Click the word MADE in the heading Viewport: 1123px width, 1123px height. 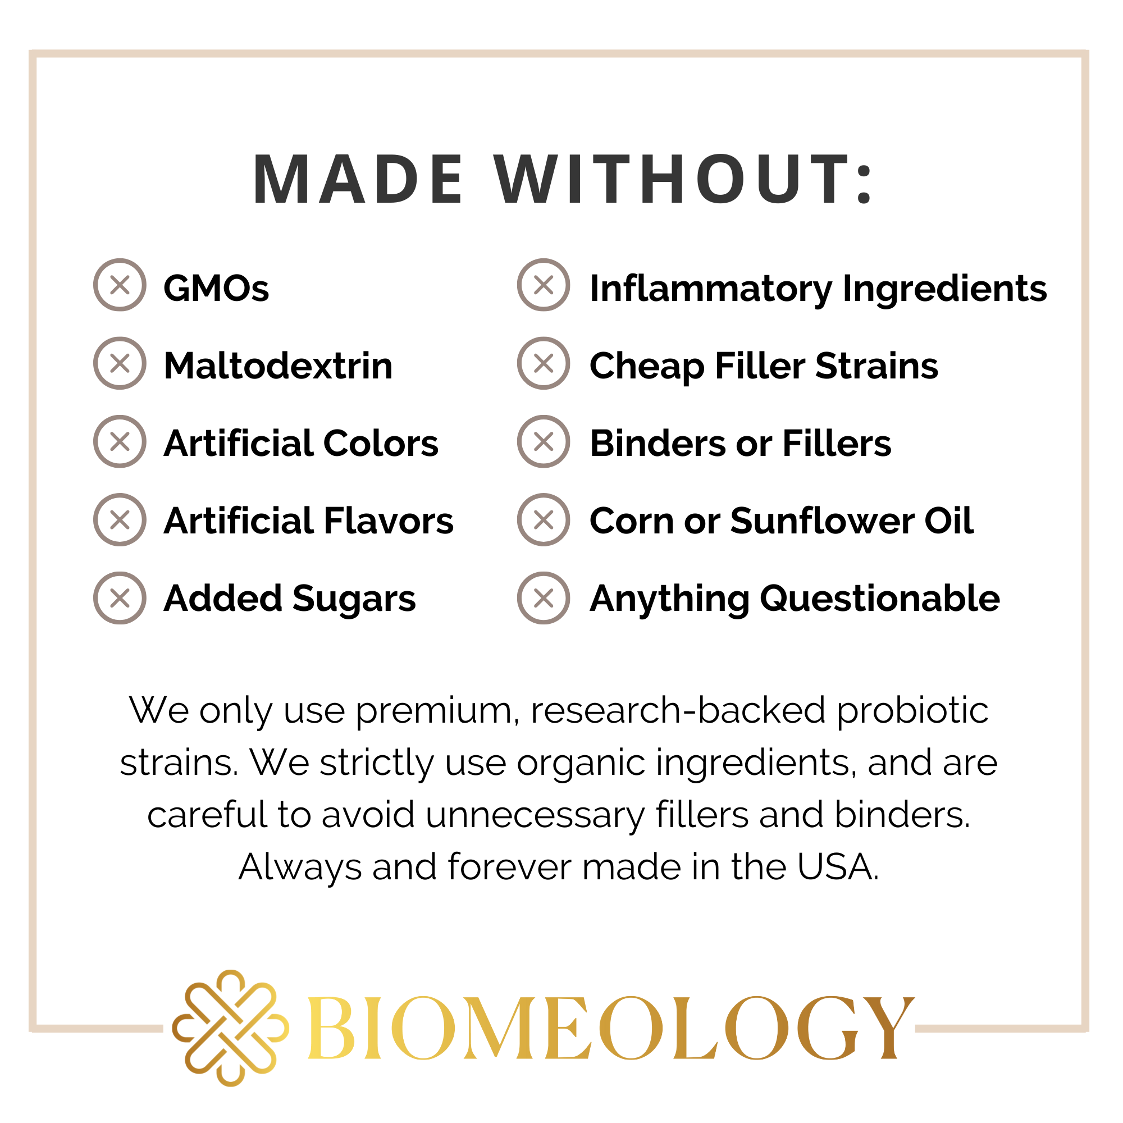[x=358, y=180]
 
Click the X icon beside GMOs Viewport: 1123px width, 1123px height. [x=120, y=285]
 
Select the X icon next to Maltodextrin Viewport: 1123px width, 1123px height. [x=120, y=363]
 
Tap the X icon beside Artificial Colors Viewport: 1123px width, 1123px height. [x=120, y=442]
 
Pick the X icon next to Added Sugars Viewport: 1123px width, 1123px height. [x=120, y=598]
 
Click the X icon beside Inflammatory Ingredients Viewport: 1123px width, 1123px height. [x=544, y=285]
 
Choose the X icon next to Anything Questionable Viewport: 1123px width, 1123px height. [x=544, y=598]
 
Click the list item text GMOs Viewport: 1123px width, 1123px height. [x=216, y=288]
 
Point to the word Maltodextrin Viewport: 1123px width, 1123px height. [x=279, y=366]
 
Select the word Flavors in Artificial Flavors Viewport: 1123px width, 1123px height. [x=389, y=521]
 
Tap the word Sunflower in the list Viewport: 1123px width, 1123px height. [x=822, y=521]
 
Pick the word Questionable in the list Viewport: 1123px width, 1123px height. [x=880, y=599]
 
